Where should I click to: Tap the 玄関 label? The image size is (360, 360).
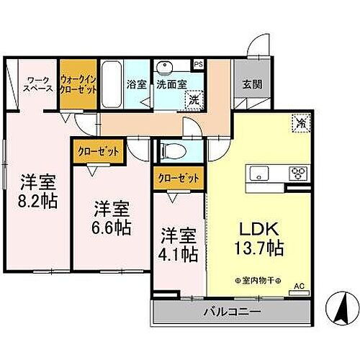[252, 84]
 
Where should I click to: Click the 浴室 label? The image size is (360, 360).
[137, 84]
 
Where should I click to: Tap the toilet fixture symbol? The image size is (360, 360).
[171, 150]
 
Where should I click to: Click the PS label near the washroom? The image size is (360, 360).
[199, 64]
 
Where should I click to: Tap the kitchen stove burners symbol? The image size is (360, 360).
[297, 173]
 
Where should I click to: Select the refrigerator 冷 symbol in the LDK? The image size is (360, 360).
[300, 124]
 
